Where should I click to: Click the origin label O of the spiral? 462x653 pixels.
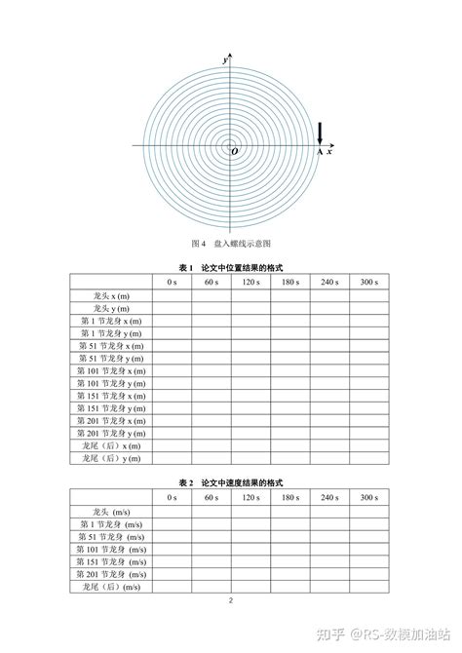point(233,151)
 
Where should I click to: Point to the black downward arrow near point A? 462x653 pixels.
point(320,133)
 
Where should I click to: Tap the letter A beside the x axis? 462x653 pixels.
point(320,153)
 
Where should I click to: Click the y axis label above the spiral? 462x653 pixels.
point(225,60)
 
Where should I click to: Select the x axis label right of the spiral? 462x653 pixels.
point(329,152)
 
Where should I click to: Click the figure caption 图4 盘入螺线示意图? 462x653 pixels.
point(231,242)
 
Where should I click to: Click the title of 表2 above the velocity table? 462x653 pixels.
point(231,483)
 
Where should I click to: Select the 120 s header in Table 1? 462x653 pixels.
point(250,282)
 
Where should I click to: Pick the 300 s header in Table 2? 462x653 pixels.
point(369,498)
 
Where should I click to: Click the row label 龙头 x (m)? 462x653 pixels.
point(110,294)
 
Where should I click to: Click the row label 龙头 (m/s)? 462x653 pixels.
point(110,511)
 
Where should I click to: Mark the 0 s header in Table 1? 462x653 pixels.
point(172,282)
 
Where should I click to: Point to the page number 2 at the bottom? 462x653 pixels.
point(231,600)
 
